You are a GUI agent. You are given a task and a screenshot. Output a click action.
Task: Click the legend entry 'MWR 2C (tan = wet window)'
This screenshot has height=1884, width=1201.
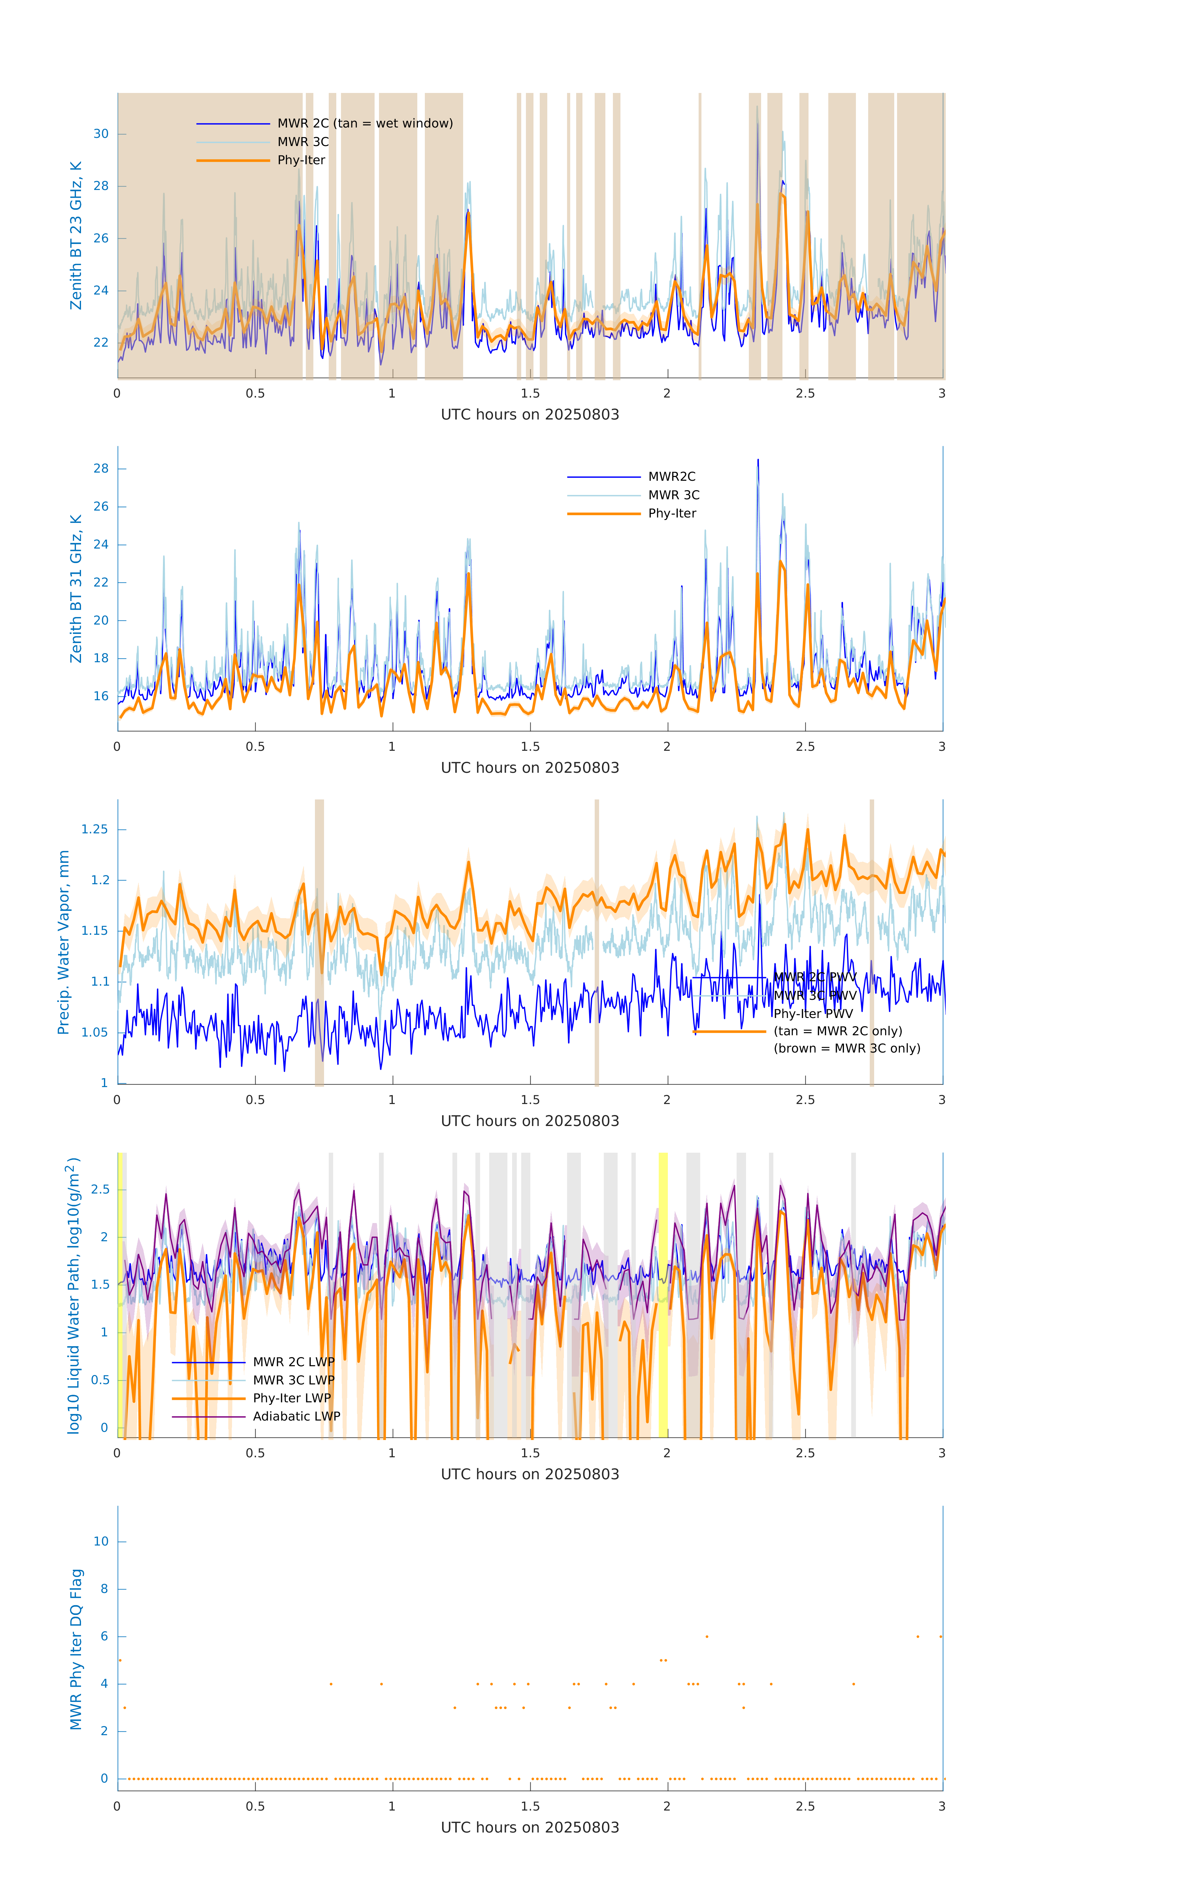pos(365,124)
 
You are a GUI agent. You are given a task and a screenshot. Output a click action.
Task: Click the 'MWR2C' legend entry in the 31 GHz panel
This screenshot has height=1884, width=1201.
pos(671,476)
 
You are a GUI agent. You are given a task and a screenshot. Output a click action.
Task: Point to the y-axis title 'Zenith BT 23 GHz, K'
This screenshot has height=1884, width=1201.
pos(76,235)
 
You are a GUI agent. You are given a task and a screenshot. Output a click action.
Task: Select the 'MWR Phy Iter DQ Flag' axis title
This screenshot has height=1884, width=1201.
pos(76,1649)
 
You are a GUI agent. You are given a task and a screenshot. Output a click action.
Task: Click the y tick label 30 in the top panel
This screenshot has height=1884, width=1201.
pos(101,134)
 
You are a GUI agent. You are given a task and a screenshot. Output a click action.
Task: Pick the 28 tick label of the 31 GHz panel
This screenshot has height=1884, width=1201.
pos(101,469)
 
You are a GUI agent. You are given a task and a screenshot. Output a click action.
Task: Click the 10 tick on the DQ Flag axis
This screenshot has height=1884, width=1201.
pos(101,1541)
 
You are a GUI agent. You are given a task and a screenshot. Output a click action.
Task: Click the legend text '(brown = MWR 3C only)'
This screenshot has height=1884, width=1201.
pos(847,1048)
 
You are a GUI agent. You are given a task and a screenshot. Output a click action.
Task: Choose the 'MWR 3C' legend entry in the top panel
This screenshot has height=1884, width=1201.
pos(303,142)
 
